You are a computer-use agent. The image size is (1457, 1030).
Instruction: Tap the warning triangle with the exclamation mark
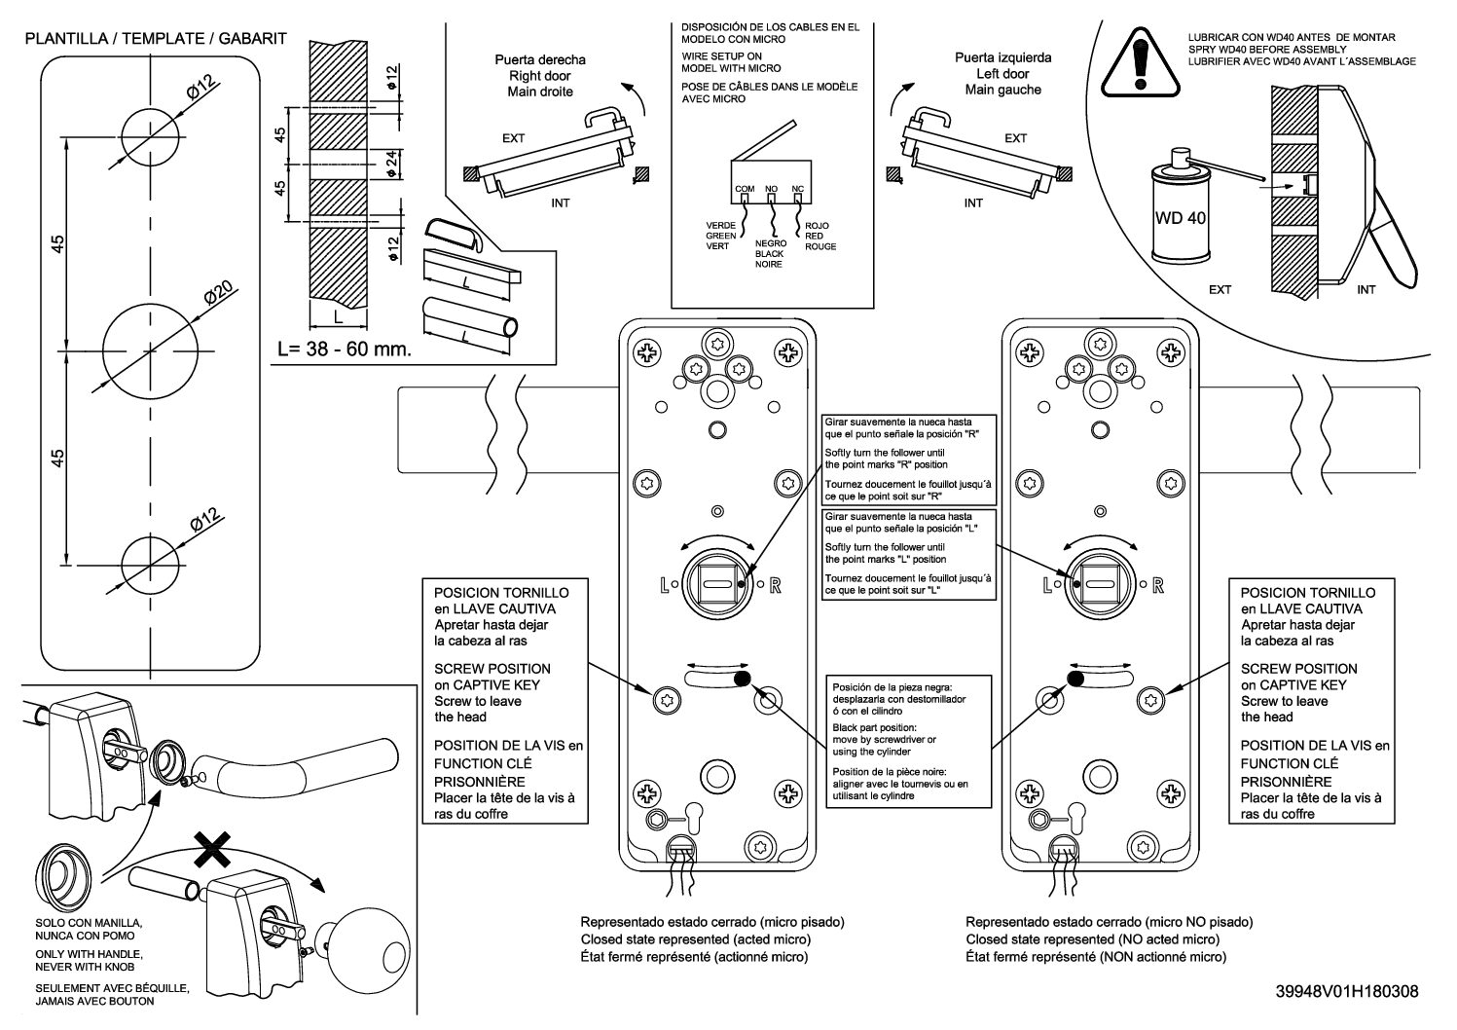[1140, 63]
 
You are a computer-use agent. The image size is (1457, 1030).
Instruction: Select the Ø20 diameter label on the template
[218, 293]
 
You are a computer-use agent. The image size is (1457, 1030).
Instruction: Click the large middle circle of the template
[150, 351]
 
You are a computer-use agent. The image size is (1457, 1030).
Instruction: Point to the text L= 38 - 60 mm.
[345, 349]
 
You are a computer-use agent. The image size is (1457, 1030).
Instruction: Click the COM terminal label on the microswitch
[745, 189]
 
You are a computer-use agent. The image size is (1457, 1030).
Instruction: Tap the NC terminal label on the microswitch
[798, 189]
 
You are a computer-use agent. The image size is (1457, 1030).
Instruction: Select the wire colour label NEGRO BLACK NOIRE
[770, 254]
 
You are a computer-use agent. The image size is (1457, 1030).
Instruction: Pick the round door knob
[372, 951]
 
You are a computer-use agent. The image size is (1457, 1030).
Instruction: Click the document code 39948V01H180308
[1347, 992]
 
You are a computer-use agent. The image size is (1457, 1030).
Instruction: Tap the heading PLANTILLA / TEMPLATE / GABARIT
[156, 38]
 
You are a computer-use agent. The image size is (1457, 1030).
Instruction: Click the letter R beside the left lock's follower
[776, 586]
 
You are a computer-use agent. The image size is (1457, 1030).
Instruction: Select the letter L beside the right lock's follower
[1047, 586]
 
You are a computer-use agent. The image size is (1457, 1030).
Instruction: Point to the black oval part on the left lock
[743, 680]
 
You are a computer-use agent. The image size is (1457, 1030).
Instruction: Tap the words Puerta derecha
[540, 59]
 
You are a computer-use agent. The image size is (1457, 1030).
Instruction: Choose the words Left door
[1003, 74]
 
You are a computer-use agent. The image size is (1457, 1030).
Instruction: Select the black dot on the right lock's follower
[1077, 584]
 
